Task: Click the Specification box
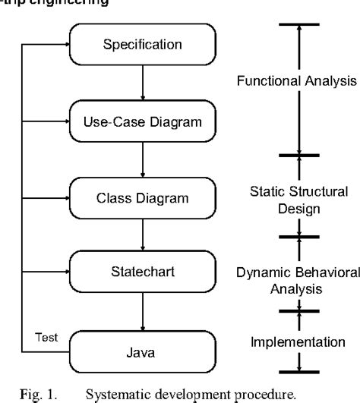pyautogui.click(x=143, y=44)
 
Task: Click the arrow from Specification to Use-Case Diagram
pyautogui.click(x=143, y=82)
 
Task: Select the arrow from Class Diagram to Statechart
pyautogui.click(x=143, y=235)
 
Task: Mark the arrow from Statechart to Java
pyautogui.click(x=143, y=312)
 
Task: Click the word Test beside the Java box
pyautogui.click(x=45, y=336)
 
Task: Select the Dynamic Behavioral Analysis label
pyautogui.click(x=298, y=280)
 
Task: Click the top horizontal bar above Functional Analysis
pyautogui.click(x=299, y=24)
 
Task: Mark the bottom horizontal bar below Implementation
pyautogui.click(x=299, y=372)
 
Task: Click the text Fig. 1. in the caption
pyautogui.click(x=36, y=395)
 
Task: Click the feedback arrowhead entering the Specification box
pyautogui.click(x=66, y=44)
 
